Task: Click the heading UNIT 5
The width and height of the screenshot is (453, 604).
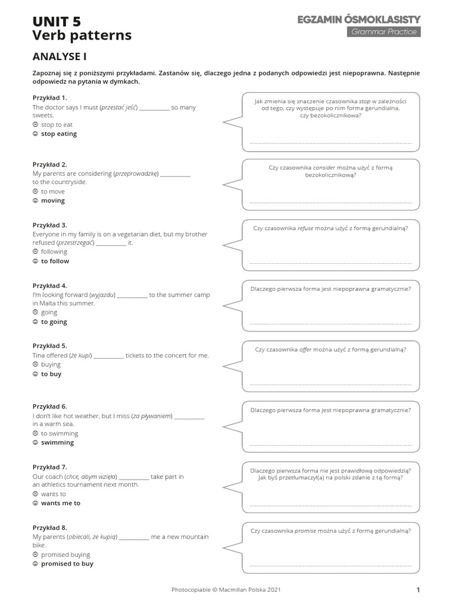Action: (57, 22)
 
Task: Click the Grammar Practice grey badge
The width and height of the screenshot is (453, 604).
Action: (383, 32)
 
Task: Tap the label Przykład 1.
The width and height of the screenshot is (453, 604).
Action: (50, 97)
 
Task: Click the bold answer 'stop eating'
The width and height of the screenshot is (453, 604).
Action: (59, 134)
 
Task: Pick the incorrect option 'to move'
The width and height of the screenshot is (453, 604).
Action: (53, 192)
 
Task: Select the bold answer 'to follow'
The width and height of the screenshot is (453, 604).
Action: (55, 261)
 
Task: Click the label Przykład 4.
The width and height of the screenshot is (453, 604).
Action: (50, 285)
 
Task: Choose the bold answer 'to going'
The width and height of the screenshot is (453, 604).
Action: (54, 322)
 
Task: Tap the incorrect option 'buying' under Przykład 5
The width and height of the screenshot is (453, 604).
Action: (51, 365)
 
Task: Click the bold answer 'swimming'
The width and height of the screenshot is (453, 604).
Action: (57, 442)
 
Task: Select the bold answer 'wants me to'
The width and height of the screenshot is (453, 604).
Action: (61, 503)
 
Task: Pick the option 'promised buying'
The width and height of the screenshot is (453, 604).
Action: (65, 554)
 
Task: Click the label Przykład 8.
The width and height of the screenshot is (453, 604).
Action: (50, 527)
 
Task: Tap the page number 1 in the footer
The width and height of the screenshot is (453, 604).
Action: (418, 589)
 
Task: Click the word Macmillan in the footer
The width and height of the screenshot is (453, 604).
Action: (238, 589)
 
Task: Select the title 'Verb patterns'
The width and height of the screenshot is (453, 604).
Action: (82, 36)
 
